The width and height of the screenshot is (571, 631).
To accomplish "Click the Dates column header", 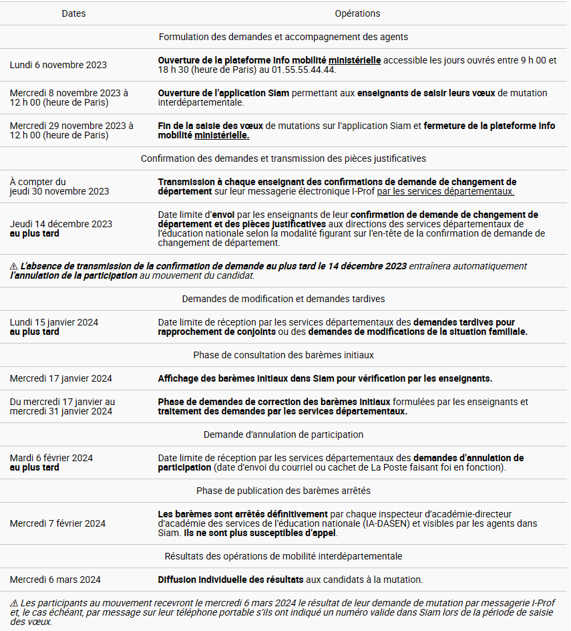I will click(x=73, y=13).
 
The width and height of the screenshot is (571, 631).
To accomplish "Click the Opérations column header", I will click(x=357, y=13).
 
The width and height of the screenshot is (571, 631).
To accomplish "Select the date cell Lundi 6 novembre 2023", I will click(x=58, y=65).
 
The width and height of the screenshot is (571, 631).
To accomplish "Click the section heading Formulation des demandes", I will click(x=283, y=37).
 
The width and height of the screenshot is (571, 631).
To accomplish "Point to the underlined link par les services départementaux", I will click(x=445, y=191).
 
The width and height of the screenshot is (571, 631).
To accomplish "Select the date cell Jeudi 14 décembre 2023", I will click(x=61, y=224).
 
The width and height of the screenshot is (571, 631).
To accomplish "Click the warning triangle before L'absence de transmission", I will click(x=14, y=266).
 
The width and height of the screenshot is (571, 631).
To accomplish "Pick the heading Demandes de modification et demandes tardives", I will click(x=283, y=299).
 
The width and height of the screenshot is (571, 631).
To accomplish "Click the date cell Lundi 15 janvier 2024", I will click(x=54, y=322).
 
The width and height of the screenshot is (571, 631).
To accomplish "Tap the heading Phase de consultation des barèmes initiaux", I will click(x=283, y=355).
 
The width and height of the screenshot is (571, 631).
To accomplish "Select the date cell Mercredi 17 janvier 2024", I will click(x=61, y=378).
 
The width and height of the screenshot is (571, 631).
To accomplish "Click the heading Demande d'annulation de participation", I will click(x=283, y=434).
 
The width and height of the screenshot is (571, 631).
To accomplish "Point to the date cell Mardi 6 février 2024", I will click(x=51, y=458).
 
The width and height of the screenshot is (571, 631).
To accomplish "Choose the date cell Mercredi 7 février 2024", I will click(x=57, y=523).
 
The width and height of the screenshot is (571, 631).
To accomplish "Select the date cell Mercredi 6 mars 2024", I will click(x=55, y=580).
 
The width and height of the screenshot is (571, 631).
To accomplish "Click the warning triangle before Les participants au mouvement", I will click(x=14, y=603).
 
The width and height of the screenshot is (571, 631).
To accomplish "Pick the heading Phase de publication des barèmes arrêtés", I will click(x=283, y=491).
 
